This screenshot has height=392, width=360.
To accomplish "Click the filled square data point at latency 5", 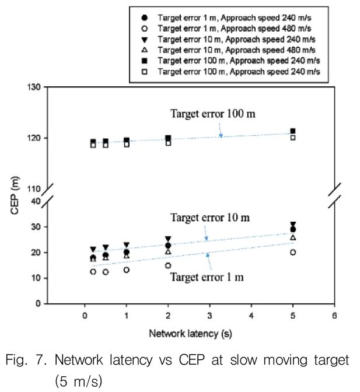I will [x=293, y=131].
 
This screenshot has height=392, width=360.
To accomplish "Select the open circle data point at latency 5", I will [x=293, y=253].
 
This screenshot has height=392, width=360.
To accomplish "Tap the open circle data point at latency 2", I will [x=168, y=265].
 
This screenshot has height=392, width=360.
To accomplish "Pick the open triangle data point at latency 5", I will [x=293, y=237].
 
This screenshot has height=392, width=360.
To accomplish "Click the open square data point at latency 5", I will [x=293, y=138].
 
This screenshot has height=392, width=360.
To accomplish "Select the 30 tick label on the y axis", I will [x=36, y=227].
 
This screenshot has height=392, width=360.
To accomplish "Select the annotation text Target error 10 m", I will [x=210, y=218].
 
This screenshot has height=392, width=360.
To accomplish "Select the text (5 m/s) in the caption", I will [x=79, y=380].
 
